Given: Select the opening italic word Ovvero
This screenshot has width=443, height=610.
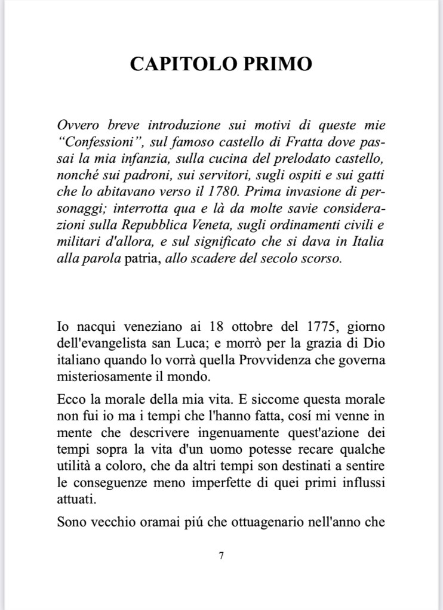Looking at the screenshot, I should pyautogui.click(x=78, y=126).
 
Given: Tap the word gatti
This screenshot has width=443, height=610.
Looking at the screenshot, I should pyautogui.click(x=371, y=177).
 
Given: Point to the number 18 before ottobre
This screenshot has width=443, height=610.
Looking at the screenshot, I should pyautogui.click(x=218, y=327).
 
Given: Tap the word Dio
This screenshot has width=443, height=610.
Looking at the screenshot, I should pyautogui.click(x=376, y=344).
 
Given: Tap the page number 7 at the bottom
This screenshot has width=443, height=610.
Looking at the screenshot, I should pyautogui.click(x=221, y=556).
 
